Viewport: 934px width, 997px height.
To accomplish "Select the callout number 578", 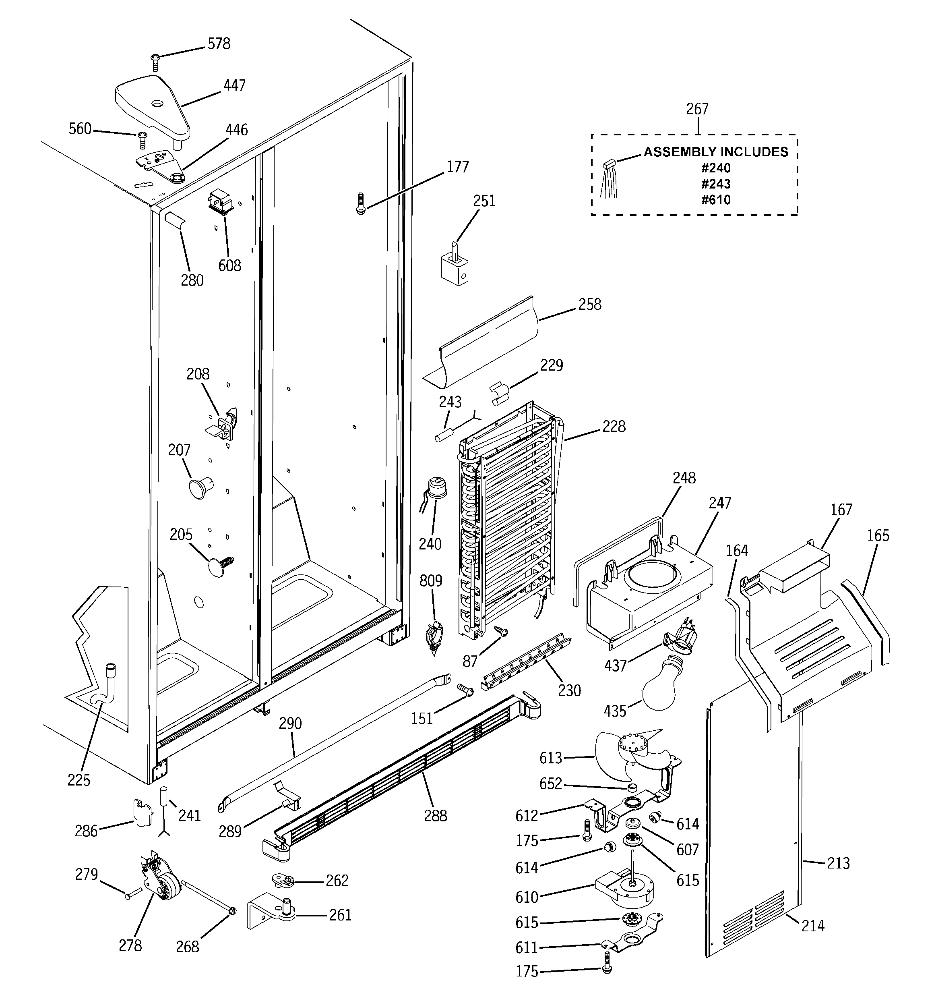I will coord(219,44).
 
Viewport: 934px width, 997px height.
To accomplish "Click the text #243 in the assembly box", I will coord(715,184).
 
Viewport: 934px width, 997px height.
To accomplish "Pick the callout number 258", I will coord(589,305).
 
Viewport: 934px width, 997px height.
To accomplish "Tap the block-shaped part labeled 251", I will coord(454,268).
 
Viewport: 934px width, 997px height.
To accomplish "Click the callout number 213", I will coord(838,863).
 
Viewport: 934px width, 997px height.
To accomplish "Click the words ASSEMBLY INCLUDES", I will coord(715,152).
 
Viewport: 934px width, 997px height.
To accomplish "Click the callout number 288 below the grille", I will coord(435,816).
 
